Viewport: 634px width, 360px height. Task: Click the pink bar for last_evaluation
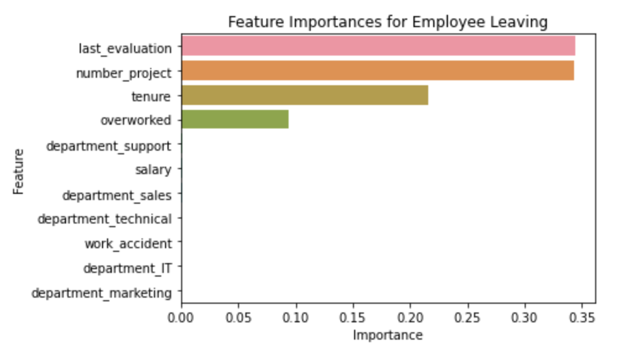point(378,46)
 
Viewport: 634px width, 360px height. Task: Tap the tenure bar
point(305,95)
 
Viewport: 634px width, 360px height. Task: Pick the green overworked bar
point(235,119)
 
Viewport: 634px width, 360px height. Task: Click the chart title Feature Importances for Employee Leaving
point(387,22)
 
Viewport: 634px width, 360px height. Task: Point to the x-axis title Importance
point(387,335)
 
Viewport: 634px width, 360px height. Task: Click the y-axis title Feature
point(19,171)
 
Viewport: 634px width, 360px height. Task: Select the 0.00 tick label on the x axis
point(181,319)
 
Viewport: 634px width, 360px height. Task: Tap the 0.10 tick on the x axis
point(296,319)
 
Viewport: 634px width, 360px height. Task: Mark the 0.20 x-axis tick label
point(410,319)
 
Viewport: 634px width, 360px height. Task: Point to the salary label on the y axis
point(153,170)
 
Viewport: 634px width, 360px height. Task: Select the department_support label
point(109,146)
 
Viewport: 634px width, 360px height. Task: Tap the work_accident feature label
point(128,243)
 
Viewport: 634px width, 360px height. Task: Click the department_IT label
point(127,268)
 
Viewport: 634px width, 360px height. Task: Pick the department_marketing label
point(101,293)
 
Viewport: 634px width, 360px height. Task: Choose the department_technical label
point(104,219)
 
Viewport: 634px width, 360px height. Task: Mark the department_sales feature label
point(117,195)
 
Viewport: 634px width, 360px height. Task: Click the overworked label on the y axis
point(135,120)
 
